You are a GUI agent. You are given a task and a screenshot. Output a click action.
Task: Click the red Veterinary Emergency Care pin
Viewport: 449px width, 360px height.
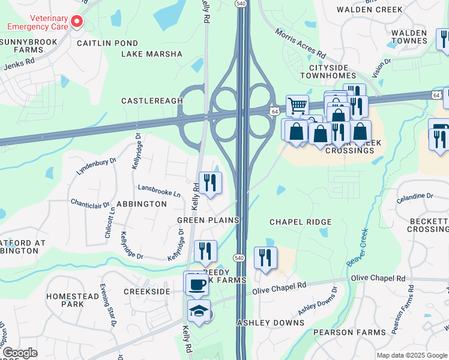coord(76,22)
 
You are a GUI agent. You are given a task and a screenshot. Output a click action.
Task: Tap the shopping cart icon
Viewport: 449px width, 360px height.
coord(297,106)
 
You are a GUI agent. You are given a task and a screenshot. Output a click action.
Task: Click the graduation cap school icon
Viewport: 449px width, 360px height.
coord(199,311)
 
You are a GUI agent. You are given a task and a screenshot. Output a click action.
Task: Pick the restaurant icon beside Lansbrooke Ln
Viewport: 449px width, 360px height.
coord(210,183)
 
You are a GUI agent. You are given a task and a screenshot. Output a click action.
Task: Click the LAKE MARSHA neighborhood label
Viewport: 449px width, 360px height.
coord(151,54)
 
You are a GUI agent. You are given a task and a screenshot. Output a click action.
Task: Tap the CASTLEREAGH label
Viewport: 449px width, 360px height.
coord(152,101)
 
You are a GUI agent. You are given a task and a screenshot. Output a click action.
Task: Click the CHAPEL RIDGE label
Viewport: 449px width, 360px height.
coord(300,222)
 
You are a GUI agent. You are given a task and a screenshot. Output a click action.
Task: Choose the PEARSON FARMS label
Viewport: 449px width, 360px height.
coord(354,332)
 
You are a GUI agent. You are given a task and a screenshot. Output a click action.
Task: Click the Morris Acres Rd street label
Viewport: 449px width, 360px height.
coord(300,42)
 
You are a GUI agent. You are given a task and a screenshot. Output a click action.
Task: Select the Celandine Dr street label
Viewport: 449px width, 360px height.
coord(414,196)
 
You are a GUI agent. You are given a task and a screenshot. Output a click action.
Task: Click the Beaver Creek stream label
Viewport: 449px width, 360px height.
coord(357,247)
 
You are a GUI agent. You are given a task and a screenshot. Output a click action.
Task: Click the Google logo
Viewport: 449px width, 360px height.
coord(20,353)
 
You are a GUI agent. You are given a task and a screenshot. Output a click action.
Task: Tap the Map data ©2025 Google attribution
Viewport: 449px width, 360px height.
coord(411,355)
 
